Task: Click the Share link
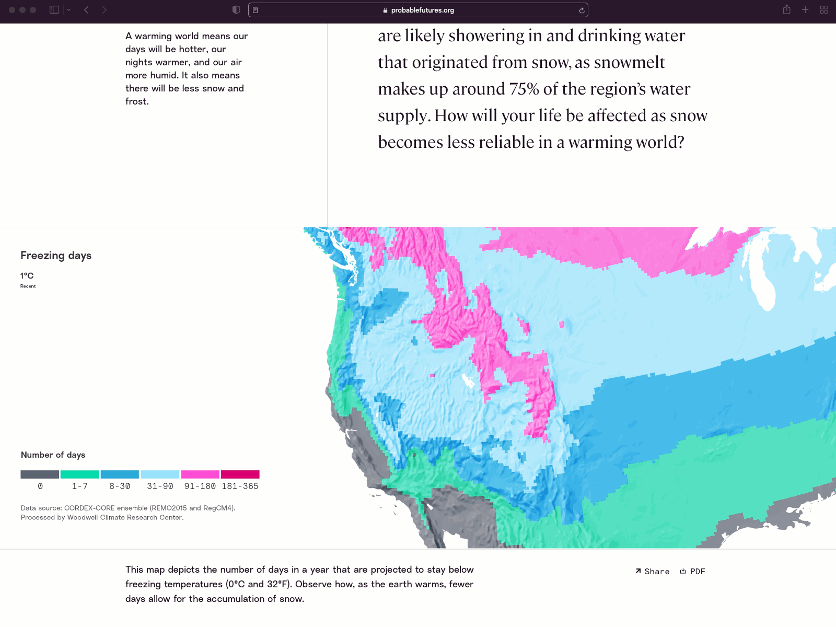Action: click(x=653, y=572)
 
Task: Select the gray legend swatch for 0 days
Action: click(x=40, y=474)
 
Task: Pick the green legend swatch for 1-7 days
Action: click(x=80, y=474)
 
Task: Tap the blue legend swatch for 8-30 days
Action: click(x=120, y=474)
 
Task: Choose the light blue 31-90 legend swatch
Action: click(x=160, y=474)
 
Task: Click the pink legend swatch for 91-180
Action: click(x=200, y=474)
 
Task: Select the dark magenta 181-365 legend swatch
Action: click(x=240, y=474)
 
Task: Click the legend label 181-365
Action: click(x=240, y=486)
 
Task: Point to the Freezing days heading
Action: click(x=56, y=256)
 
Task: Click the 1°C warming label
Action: click(x=27, y=276)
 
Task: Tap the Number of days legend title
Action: click(x=53, y=455)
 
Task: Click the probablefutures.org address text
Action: click(x=422, y=10)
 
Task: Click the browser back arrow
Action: click(x=87, y=10)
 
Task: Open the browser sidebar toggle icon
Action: click(x=54, y=10)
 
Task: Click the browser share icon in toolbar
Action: click(x=787, y=10)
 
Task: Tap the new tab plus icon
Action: click(x=805, y=10)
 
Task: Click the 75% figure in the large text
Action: click(x=524, y=89)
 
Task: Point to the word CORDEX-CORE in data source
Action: click(x=89, y=508)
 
